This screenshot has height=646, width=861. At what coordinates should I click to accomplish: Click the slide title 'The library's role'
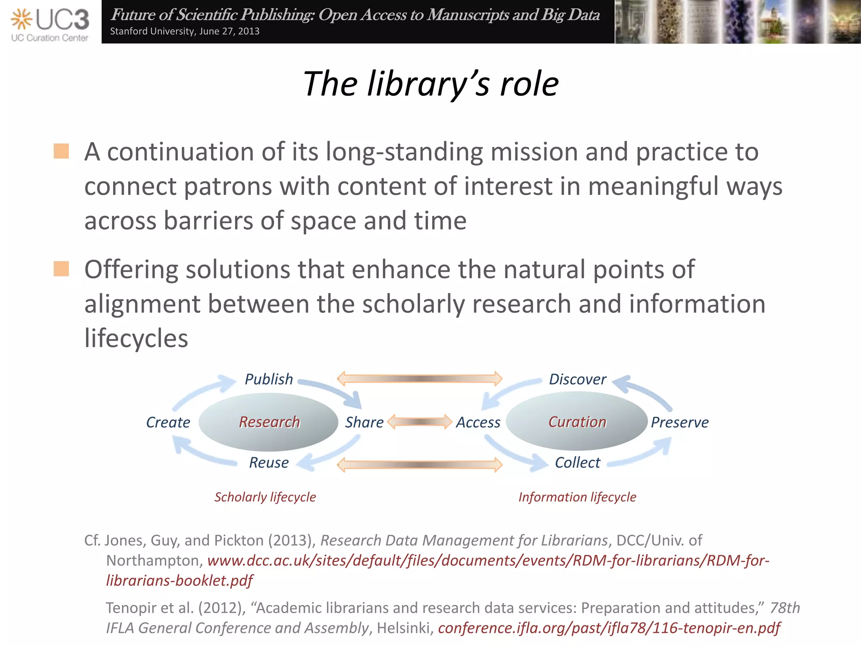(430, 84)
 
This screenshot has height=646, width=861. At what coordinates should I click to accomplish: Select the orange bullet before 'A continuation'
(61, 151)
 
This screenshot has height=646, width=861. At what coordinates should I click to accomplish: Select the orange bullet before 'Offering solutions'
(61, 269)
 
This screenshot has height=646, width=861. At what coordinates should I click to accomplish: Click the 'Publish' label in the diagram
(269, 379)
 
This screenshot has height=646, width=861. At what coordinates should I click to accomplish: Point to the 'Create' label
(168, 422)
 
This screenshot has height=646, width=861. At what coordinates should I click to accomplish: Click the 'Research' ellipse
(269, 422)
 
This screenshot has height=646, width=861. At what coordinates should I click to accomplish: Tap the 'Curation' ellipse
(577, 422)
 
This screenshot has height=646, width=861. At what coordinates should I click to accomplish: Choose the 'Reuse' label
(269, 463)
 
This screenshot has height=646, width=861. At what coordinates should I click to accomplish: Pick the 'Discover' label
(577, 379)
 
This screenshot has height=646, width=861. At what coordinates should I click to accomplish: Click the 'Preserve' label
(679, 422)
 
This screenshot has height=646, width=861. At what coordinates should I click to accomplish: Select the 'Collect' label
(577, 463)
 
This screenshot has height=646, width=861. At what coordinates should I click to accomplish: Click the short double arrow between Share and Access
(420, 422)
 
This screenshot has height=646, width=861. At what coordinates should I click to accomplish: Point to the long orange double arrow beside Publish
(420, 379)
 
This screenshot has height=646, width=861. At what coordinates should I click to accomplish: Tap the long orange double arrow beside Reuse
(420, 465)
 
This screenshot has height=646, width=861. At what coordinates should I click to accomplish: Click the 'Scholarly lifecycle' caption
(265, 497)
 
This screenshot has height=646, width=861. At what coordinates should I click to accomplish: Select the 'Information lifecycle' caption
(577, 497)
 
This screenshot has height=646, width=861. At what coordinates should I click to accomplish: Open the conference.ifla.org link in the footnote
(609, 628)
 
